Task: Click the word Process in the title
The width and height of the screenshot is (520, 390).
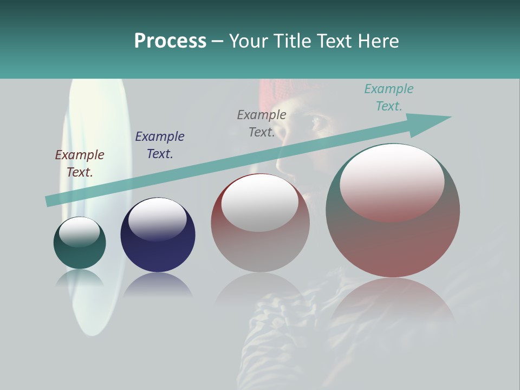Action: pos(170,41)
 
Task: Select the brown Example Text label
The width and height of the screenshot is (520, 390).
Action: pos(80,163)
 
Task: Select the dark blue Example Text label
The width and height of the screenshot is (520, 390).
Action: pos(160,145)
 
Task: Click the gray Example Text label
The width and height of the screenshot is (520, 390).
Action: pos(262,123)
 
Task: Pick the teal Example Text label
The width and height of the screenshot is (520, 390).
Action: pos(388,97)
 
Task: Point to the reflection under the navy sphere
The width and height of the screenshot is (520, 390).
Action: pos(158,285)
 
